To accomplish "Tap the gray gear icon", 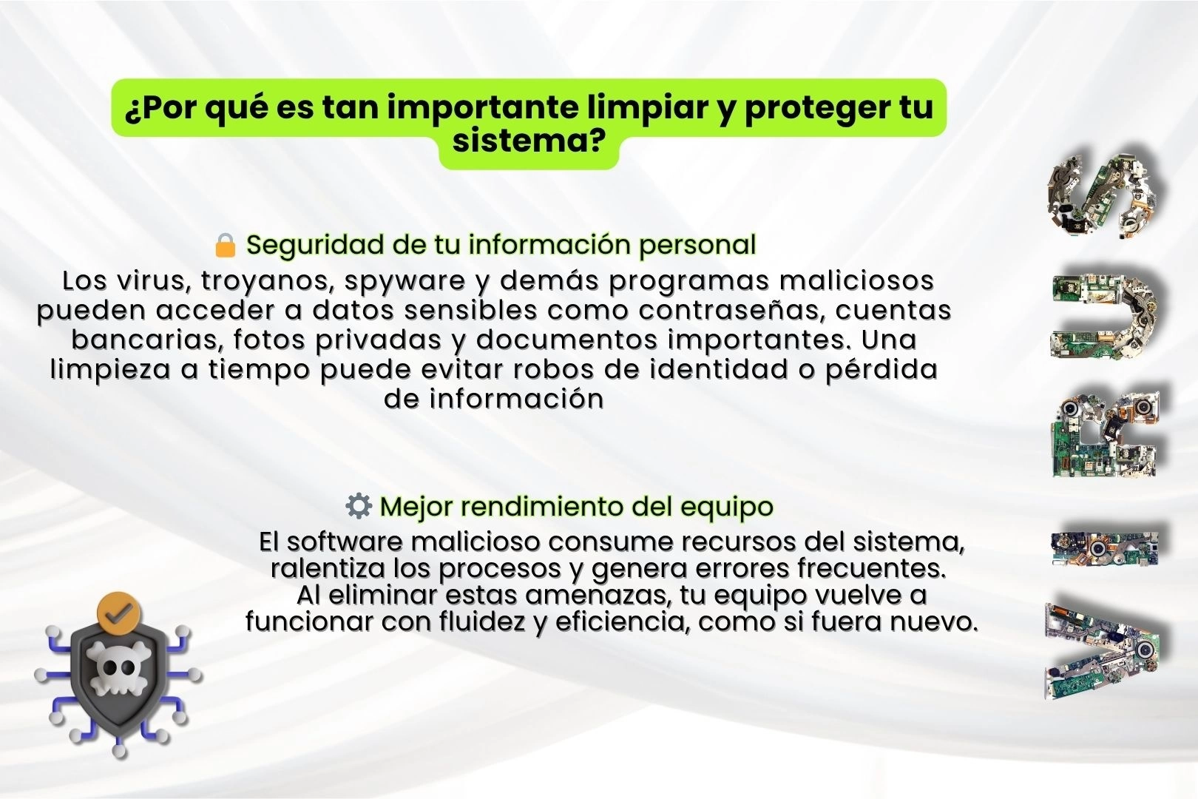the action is pos(359,506).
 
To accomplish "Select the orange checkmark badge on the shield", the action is pos(119,614).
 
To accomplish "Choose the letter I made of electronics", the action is pos(1105,549).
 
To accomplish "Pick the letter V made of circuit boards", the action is pos(1103,651).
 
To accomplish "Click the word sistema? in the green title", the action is pos(529,141).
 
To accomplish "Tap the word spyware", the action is pos(405,281).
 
